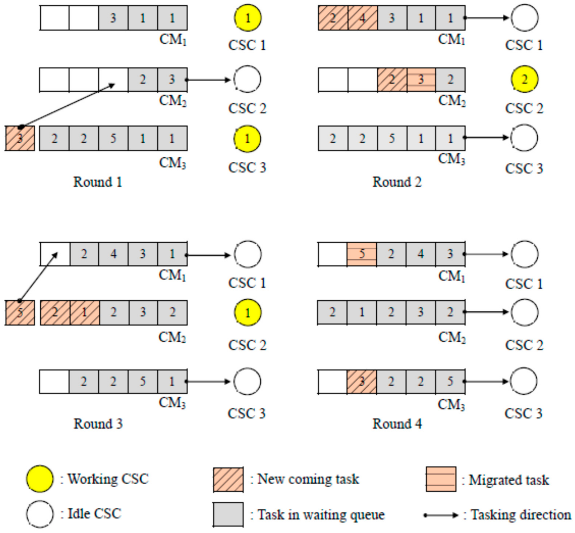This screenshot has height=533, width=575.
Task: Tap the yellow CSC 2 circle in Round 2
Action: click(x=524, y=79)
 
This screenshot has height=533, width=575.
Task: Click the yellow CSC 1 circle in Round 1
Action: click(x=247, y=18)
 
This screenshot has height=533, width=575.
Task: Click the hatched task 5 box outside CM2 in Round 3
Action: click(x=20, y=313)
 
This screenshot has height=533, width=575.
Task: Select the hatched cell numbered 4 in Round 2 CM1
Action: click(x=362, y=18)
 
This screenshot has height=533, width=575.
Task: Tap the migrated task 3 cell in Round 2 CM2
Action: click(x=421, y=79)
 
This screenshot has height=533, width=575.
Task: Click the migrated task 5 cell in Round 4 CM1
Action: click(x=361, y=254)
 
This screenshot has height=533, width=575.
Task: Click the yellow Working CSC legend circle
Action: click(x=40, y=479)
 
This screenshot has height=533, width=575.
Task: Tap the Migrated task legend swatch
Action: click(x=441, y=479)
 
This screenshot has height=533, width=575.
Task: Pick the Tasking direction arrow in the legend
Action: click(x=441, y=515)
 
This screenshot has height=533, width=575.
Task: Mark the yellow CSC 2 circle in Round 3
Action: click(x=247, y=313)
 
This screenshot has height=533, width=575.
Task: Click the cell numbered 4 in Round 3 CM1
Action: click(x=113, y=254)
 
